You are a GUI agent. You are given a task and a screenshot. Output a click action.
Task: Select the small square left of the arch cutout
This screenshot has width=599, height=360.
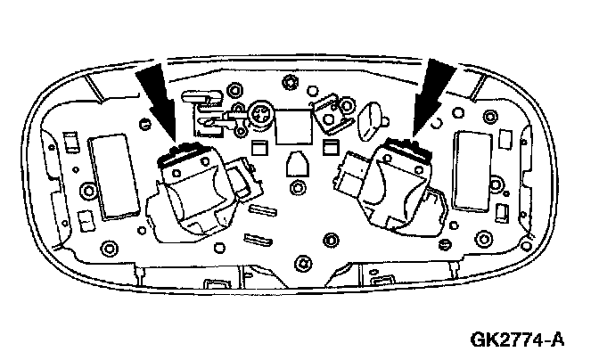point(260,146)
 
